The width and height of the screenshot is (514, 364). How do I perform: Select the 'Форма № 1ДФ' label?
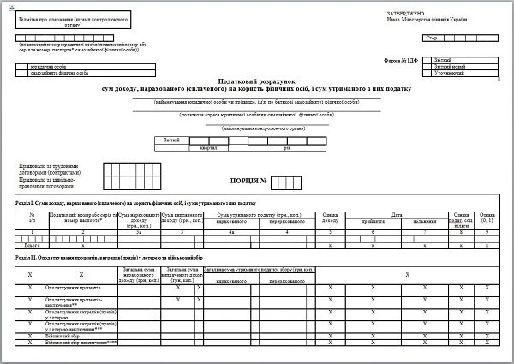pyautogui.click(x=402, y=60)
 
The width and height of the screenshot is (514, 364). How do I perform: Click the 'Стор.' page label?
pyautogui.click(x=431, y=39)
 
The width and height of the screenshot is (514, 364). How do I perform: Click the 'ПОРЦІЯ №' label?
pyautogui.click(x=250, y=181)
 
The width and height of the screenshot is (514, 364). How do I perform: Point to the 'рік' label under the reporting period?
pyautogui.click(x=287, y=147)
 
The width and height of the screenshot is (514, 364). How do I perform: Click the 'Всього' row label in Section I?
pyautogui.click(x=32, y=245)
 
